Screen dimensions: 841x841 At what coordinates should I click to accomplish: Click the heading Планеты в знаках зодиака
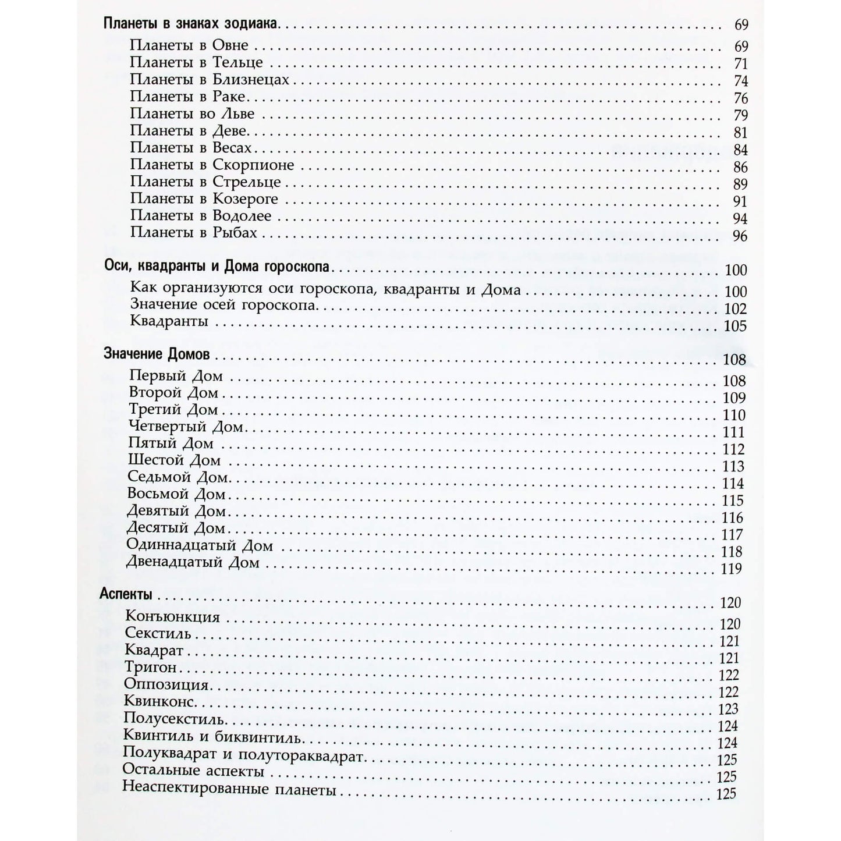coord(191,24)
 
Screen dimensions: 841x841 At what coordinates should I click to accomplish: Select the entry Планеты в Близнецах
coord(210,79)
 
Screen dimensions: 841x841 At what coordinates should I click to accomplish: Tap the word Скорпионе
coord(253,165)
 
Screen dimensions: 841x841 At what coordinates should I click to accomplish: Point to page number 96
coord(740,236)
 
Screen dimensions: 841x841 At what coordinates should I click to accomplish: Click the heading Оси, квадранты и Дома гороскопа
coord(217,268)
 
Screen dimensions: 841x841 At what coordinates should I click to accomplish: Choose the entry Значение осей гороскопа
coord(223,305)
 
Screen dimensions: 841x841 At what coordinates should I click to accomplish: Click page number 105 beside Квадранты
coord(734,326)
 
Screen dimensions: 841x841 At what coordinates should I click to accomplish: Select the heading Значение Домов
coord(157,354)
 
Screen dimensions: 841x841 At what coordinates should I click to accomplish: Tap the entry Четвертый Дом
coord(186,427)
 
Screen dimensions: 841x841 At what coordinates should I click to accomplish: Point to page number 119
coord(731,569)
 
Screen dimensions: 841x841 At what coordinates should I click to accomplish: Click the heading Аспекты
coord(126,595)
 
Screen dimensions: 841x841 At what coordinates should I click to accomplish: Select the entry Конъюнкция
coord(172,617)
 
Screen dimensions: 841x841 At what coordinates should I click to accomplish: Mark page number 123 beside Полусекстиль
coord(728,709)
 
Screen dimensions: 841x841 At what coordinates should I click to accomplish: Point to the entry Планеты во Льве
coord(192,113)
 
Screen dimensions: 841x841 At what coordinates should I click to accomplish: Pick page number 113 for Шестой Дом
coord(733,467)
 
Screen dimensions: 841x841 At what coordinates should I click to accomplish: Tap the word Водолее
coord(242,216)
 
